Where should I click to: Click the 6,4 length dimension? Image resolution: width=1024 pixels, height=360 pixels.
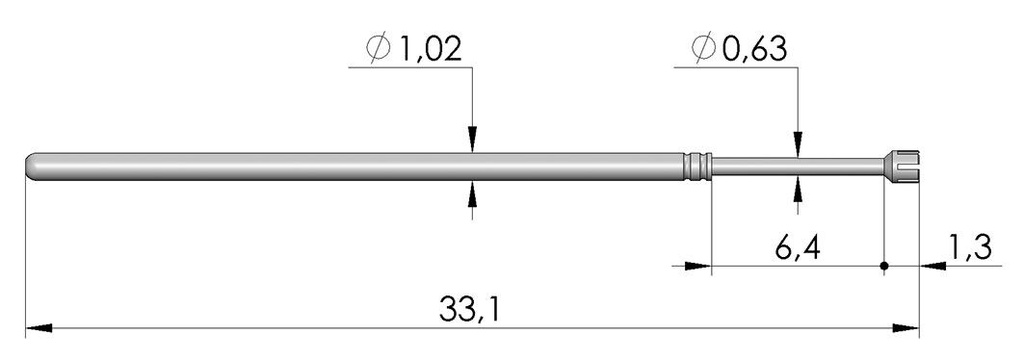(x=797, y=243)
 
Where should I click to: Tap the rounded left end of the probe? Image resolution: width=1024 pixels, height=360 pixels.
(x=33, y=166)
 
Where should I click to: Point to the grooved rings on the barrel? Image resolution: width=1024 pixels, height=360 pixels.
(x=698, y=166)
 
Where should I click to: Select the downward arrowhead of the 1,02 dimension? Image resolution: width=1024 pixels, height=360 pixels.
(x=473, y=141)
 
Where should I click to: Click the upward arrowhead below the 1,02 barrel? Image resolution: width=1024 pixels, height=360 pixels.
(x=473, y=192)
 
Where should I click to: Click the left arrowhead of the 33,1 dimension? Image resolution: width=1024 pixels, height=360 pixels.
(x=38, y=327)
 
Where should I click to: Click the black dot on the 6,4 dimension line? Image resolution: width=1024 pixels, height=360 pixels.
(x=885, y=266)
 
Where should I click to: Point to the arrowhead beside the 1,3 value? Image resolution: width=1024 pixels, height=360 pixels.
(x=932, y=266)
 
